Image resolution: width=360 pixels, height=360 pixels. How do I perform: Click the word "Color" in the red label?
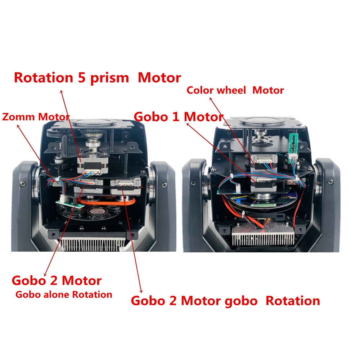click(199, 90)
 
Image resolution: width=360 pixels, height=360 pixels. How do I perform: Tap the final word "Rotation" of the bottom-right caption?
click(293, 301)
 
